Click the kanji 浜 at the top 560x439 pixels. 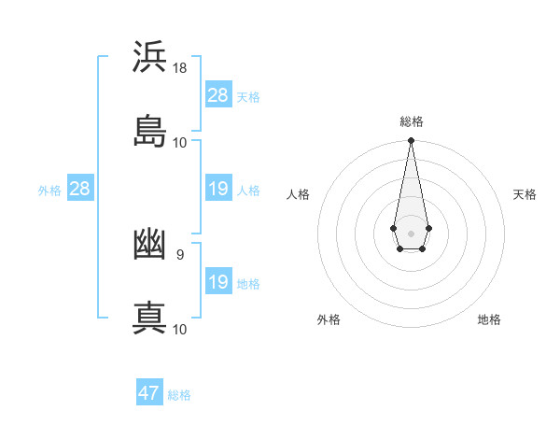point(149,57)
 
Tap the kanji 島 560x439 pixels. point(149,131)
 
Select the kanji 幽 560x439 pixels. point(149,246)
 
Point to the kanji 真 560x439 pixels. point(149,319)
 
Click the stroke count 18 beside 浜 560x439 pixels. point(180,68)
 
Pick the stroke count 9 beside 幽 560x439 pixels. point(179,254)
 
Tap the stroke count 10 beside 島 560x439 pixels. point(180,143)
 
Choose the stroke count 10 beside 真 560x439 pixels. point(180,329)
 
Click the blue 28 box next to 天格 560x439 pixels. point(218,95)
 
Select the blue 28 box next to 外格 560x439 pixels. point(80,189)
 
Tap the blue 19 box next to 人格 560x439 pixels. point(218,189)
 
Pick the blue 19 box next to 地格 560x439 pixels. point(218,282)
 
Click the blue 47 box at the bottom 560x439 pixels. point(149,393)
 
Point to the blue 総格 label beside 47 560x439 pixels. point(179,395)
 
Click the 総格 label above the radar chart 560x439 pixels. point(411,121)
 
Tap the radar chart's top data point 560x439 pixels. point(411,141)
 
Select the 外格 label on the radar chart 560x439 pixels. point(329,319)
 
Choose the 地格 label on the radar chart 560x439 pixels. point(489,319)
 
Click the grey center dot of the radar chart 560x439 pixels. point(411,232)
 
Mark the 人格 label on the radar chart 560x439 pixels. point(299,194)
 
